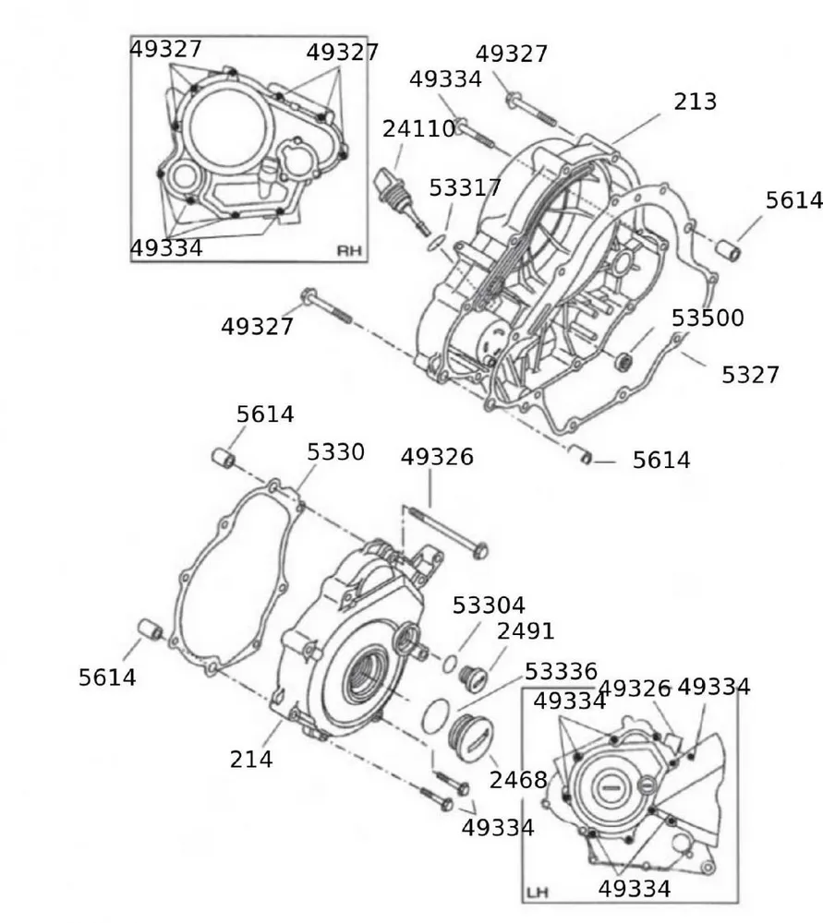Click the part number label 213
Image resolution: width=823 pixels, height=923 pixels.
pyautogui.click(x=695, y=101)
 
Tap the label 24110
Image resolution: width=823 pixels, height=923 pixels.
pyautogui.click(x=418, y=129)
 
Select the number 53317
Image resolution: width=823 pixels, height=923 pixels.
pyautogui.click(x=465, y=188)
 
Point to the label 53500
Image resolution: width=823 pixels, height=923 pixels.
pyautogui.click(x=708, y=318)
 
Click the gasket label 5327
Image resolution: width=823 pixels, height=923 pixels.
pyautogui.click(x=750, y=375)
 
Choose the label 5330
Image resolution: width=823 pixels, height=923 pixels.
pyautogui.click(x=335, y=452)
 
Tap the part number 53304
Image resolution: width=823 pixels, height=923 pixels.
pyautogui.click(x=488, y=605)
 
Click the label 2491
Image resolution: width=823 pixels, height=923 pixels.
pyautogui.click(x=526, y=631)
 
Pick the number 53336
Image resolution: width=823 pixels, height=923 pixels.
pyautogui.click(x=561, y=671)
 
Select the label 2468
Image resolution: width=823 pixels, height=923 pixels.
pyautogui.click(x=518, y=781)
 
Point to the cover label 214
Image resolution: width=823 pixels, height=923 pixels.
pyautogui.click(x=251, y=759)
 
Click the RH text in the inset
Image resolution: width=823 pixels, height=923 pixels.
pyautogui.click(x=349, y=250)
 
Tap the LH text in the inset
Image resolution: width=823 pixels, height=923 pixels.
pyautogui.click(x=537, y=893)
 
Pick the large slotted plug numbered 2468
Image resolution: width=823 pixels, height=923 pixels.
pyautogui.click(x=470, y=739)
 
